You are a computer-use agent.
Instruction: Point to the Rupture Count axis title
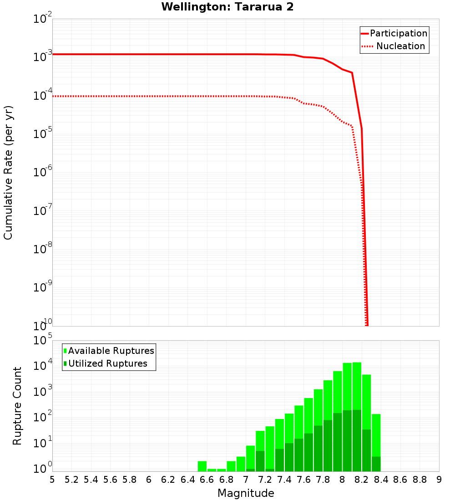pos(17,406)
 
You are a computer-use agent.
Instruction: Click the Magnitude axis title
pos(246,493)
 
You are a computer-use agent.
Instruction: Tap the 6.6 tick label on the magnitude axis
pos(207,479)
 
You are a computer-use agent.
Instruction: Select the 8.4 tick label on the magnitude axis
pos(381,479)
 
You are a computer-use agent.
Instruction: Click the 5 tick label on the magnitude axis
pos(52,479)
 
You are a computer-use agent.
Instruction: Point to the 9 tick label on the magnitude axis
pos(439,479)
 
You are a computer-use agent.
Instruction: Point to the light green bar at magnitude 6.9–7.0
pos(241,464)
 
